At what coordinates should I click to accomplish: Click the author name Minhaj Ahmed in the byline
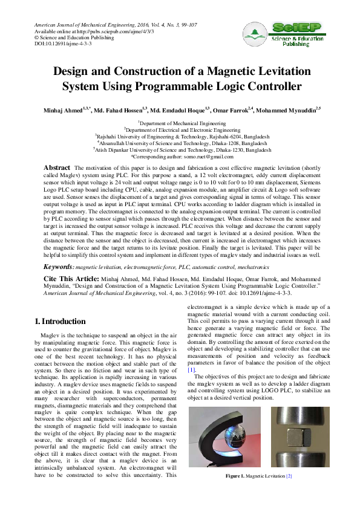pos(63,111)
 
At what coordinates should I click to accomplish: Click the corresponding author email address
pos(209,155)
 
